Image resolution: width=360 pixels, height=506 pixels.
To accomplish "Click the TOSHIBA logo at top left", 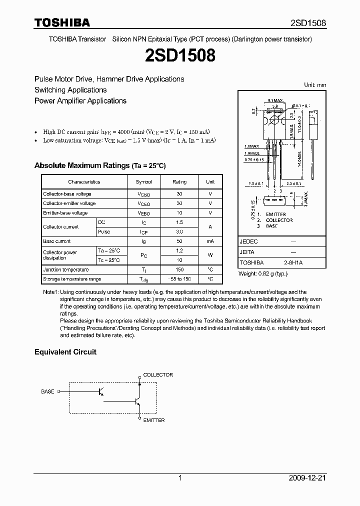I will click(x=62, y=22).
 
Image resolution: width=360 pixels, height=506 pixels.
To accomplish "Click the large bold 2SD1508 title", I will click(x=180, y=55).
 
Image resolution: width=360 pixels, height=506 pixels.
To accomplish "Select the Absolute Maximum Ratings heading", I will click(x=99, y=165).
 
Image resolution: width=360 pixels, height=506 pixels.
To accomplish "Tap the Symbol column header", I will click(x=143, y=182).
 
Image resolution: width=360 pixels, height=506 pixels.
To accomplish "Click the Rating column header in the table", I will click(x=179, y=182).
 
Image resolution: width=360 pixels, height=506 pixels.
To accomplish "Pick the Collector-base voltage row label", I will click(x=67, y=194).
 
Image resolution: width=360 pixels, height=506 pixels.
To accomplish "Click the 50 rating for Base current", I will click(x=179, y=241).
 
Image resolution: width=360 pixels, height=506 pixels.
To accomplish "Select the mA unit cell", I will click(x=210, y=241).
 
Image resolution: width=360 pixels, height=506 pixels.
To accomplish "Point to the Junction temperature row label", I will click(x=65, y=269).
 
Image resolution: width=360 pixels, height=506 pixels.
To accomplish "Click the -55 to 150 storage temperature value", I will click(x=179, y=279).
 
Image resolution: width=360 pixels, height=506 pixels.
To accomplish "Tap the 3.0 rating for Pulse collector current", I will click(x=179, y=232).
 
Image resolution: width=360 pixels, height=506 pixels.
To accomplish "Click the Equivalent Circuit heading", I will click(x=65, y=352).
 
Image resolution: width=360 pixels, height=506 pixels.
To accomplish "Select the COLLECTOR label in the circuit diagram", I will click(x=158, y=374).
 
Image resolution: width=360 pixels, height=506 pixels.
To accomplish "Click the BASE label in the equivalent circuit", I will click(x=47, y=391).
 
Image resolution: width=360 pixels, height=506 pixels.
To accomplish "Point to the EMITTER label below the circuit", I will click(x=153, y=420).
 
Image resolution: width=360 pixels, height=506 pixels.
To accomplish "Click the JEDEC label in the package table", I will click(x=248, y=241).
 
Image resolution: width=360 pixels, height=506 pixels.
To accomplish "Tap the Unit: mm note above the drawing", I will click(x=315, y=85).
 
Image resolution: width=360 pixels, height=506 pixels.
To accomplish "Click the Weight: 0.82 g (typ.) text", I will click(x=263, y=273).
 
